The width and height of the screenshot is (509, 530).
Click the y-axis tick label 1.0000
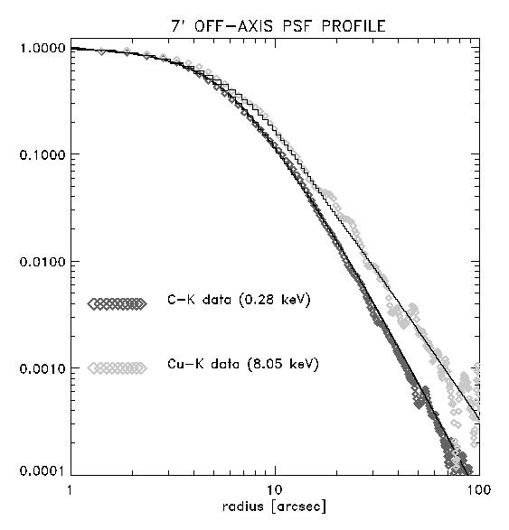42,48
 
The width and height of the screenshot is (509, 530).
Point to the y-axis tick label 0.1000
42,154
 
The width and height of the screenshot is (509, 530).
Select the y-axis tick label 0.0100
42,262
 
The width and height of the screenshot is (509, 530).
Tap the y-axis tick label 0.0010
42,368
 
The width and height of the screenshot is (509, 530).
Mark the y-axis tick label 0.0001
42,470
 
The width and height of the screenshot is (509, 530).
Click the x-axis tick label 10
275,489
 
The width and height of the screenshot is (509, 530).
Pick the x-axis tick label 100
479,489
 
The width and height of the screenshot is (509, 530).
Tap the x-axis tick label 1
70,489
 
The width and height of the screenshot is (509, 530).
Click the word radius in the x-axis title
243,507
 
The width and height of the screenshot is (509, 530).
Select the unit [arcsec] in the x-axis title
299,507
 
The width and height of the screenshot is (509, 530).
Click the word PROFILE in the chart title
353,26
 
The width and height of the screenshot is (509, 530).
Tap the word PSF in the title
297,26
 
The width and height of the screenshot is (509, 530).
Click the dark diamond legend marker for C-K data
118,303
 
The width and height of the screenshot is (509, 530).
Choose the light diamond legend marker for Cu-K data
118,367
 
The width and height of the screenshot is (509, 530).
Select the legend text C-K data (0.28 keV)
239,300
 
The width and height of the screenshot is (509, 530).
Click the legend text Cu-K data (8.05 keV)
243,364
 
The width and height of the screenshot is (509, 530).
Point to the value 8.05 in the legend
265,364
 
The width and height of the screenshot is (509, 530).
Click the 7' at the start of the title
178,26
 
